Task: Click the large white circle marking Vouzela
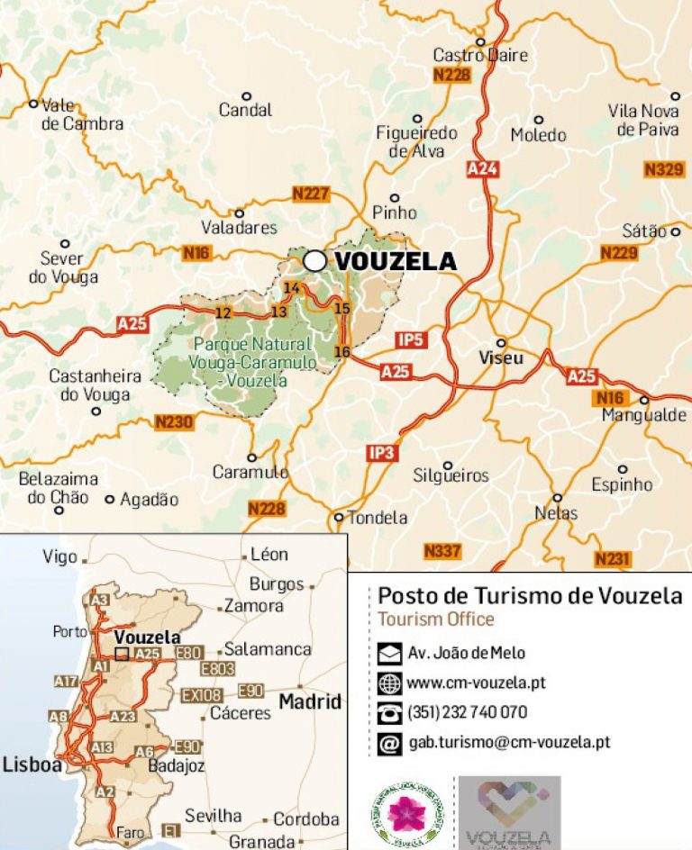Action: click(314, 260)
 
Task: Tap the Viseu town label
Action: click(500, 357)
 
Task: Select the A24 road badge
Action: click(482, 168)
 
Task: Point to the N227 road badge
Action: click(311, 194)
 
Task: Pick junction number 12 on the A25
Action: click(223, 312)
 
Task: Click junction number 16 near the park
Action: click(341, 351)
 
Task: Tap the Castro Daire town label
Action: click(480, 55)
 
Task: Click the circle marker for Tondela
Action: click(339, 517)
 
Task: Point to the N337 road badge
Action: click(442, 550)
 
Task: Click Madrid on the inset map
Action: click(310, 701)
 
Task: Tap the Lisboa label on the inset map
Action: click(32, 764)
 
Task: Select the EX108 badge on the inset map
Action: click(202, 695)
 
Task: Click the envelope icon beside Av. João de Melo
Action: click(389, 654)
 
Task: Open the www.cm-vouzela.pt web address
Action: click(476, 683)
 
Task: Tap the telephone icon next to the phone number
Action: click(389, 713)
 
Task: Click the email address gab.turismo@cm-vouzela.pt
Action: click(508, 742)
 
